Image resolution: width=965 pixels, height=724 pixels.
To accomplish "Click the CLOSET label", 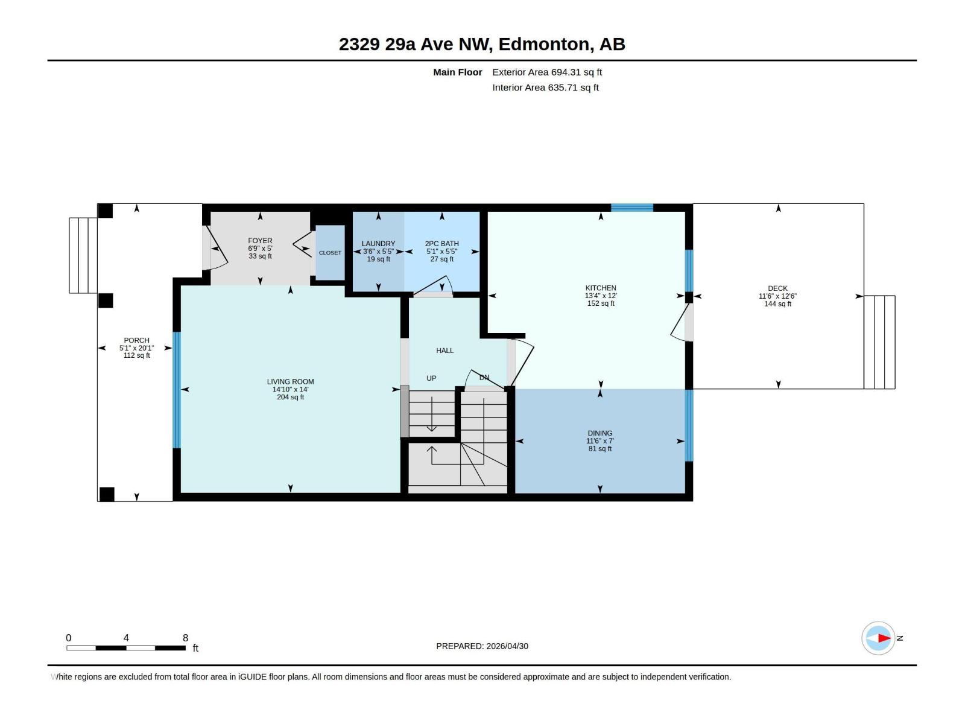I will tap(330, 253).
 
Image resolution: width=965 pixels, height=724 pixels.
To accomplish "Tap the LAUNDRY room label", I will tap(378, 244).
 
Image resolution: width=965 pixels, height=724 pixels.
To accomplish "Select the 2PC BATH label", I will tap(441, 244).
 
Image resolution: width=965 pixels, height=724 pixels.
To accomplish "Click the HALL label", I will tap(445, 351).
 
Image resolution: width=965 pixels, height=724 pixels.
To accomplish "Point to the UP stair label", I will tap(431, 378).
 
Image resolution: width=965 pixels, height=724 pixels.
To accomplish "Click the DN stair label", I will tap(484, 378).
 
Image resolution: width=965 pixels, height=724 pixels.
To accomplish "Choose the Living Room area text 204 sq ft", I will tap(290, 397).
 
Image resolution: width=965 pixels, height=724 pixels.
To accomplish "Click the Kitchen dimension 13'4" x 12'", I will tap(601, 296).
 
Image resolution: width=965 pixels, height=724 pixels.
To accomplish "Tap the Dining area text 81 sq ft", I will tap(600, 448).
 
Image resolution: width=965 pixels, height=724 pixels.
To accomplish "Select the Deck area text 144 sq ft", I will tap(777, 303).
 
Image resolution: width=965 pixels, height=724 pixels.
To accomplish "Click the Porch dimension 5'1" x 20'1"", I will tap(136, 348).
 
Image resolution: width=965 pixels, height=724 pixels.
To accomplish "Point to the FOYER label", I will tap(260, 241).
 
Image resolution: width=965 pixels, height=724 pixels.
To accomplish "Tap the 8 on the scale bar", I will tap(185, 638).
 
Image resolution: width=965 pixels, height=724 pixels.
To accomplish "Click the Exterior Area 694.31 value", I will tap(565, 72).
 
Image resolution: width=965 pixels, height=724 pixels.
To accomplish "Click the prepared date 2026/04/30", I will tap(507, 646).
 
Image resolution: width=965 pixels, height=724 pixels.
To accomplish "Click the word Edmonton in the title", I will tap(544, 44).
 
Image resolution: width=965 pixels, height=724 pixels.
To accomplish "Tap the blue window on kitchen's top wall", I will tap(631, 208).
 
